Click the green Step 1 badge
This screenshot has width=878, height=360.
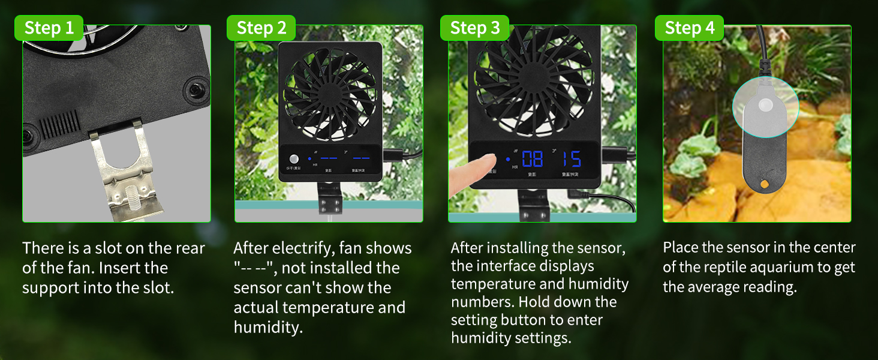pyautogui.click(x=49, y=28)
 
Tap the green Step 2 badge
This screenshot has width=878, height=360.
pyautogui.click(x=261, y=28)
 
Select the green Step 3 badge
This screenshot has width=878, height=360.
pyautogui.click(x=474, y=28)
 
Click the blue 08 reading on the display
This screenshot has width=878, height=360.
pyautogui.click(x=532, y=159)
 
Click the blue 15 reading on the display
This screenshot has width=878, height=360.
pyautogui.click(x=572, y=159)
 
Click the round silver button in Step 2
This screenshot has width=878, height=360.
pyautogui.click(x=294, y=160)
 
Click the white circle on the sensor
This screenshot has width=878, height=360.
pyautogui.click(x=765, y=106)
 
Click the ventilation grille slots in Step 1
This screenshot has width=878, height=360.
pyautogui.click(x=59, y=124)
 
